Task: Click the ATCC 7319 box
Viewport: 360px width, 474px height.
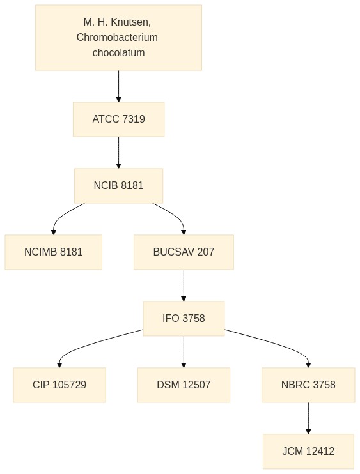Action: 118,119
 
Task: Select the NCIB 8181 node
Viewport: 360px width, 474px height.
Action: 118,186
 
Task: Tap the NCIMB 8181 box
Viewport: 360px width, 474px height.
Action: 54,252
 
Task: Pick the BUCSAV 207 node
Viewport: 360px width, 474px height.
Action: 184,252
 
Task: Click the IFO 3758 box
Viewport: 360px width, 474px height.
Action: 184,318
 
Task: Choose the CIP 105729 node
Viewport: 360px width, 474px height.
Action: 59,385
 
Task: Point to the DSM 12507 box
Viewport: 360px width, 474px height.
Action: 184,385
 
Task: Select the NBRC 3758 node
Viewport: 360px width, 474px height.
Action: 308,385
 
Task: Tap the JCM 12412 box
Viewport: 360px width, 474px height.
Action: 308,452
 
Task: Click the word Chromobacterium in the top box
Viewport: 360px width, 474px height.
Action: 117,37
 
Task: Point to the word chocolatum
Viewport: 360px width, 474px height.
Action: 118,52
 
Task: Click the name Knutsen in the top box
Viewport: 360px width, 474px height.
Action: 130,22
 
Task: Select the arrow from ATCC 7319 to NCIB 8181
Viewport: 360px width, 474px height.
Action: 118,153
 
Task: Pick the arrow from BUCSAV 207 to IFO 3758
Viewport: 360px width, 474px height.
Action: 184,286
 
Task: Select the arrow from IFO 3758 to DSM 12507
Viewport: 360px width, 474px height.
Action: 184,352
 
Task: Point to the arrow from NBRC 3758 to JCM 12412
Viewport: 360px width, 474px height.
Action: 308,418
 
